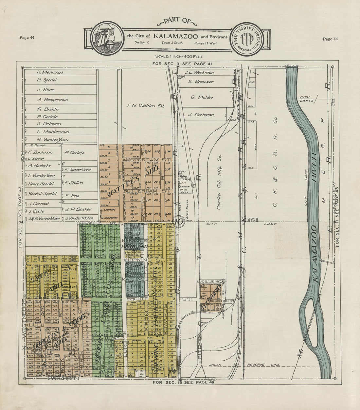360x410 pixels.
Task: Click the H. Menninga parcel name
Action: pyautogui.click(x=50, y=72)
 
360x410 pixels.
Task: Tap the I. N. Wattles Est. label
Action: pyautogui.click(x=146, y=106)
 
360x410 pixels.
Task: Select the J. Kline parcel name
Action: pyautogui.click(x=46, y=90)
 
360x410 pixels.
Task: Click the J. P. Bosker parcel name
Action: pyautogui.click(x=78, y=209)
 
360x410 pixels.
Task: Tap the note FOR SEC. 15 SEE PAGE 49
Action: pyautogui.click(x=184, y=382)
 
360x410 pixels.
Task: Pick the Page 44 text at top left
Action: pyautogui.click(x=27, y=37)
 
